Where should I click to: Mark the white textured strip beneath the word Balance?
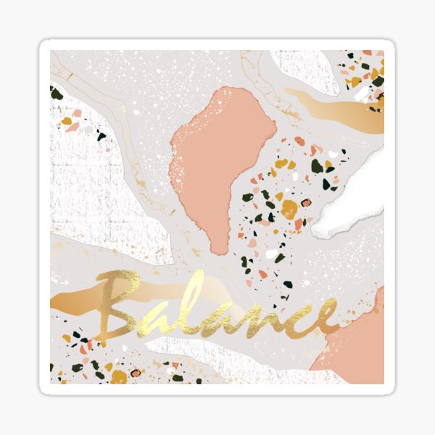pyautogui.click(x=217, y=352)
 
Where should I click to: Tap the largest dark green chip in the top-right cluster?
pyautogui.click(x=378, y=80)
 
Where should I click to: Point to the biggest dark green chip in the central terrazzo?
pyautogui.click(x=317, y=166)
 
